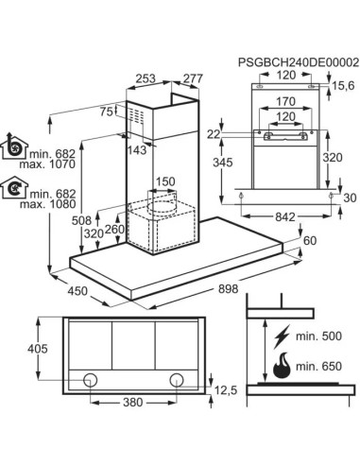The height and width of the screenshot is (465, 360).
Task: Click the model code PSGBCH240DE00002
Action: pyautogui.click(x=299, y=62)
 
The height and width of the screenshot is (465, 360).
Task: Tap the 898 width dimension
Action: pyautogui.click(x=228, y=288)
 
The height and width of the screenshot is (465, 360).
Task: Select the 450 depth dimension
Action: pyautogui.click(x=77, y=290)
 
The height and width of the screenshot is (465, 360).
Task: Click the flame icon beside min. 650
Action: pyautogui.click(x=281, y=365)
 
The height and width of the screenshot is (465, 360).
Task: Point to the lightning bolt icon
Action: pyautogui.click(x=282, y=336)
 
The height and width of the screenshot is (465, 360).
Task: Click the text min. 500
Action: pyautogui.click(x=318, y=336)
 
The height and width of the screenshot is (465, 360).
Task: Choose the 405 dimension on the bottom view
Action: pyautogui.click(x=38, y=349)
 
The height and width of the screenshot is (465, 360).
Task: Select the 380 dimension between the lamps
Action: pyautogui.click(x=133, y=402)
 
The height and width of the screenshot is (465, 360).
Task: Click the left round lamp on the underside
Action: pyautogui.click(x=91, y=380)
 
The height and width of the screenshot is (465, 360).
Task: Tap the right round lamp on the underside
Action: pyautogui.click(x=177, y=380)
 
